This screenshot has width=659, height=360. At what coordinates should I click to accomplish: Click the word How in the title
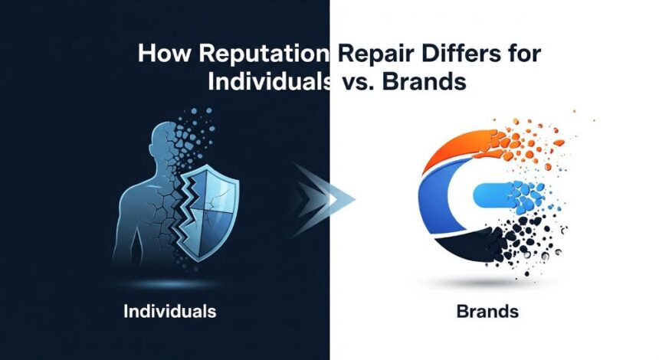coord(159,57)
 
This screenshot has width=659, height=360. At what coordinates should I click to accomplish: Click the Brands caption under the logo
coord(487,313)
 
